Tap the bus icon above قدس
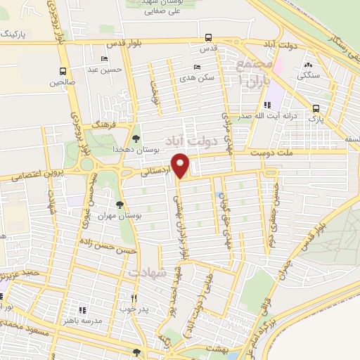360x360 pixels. (207, 38)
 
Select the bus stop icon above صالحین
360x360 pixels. (63, 71)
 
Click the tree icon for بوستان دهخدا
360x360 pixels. (136, 139)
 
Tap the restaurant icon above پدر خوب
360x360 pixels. (133, 297)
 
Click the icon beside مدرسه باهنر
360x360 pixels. (82, 310)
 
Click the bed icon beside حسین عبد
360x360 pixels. (105, 59)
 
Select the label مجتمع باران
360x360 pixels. (252, 71)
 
